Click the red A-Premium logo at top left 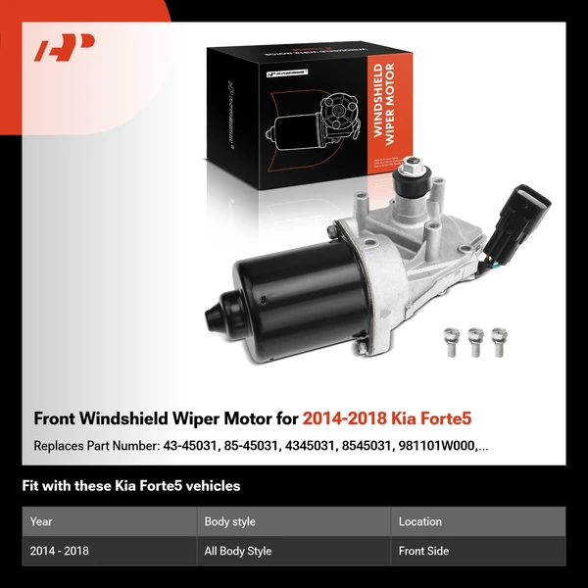[x=64, y=47]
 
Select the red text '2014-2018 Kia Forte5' [x=387, y=418]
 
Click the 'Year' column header [x=42, y=521]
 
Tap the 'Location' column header [x=420, y=521]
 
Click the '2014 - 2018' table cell [x=60, y=551]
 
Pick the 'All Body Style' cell [x=238, y=551]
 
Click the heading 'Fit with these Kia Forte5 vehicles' [x=131, y=485]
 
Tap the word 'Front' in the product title [x=57, y=418]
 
